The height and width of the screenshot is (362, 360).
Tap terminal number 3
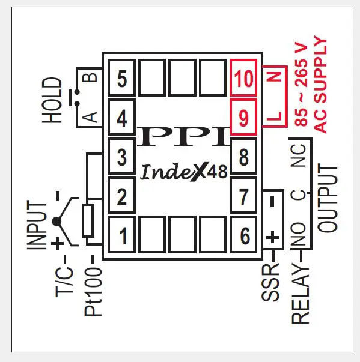coord(122,158)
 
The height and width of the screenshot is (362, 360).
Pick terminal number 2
coord(122,197)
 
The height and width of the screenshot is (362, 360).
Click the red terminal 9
coord(243,118)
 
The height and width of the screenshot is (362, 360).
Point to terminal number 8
coord(243,158)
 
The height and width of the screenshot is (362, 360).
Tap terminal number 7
coord(243,197)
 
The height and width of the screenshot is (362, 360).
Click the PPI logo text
coord(183,137)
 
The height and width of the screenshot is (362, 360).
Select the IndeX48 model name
coord(184,172)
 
